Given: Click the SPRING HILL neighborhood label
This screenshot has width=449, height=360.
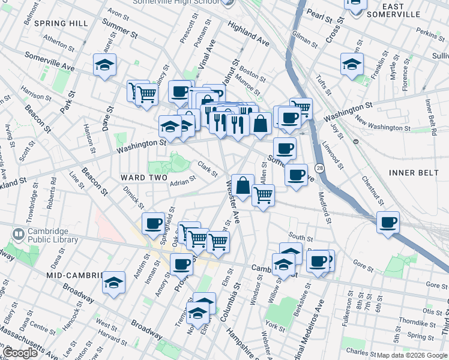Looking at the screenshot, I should (61, 23).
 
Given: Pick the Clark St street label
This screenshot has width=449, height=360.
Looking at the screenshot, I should (207, 170).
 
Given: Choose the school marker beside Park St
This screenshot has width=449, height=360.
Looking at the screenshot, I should (104, 65).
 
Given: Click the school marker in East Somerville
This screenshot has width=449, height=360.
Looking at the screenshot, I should (352, 65).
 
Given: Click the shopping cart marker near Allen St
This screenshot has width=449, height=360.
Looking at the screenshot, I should (263, 195).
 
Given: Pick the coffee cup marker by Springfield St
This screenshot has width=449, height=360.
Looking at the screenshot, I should (153, 223).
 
